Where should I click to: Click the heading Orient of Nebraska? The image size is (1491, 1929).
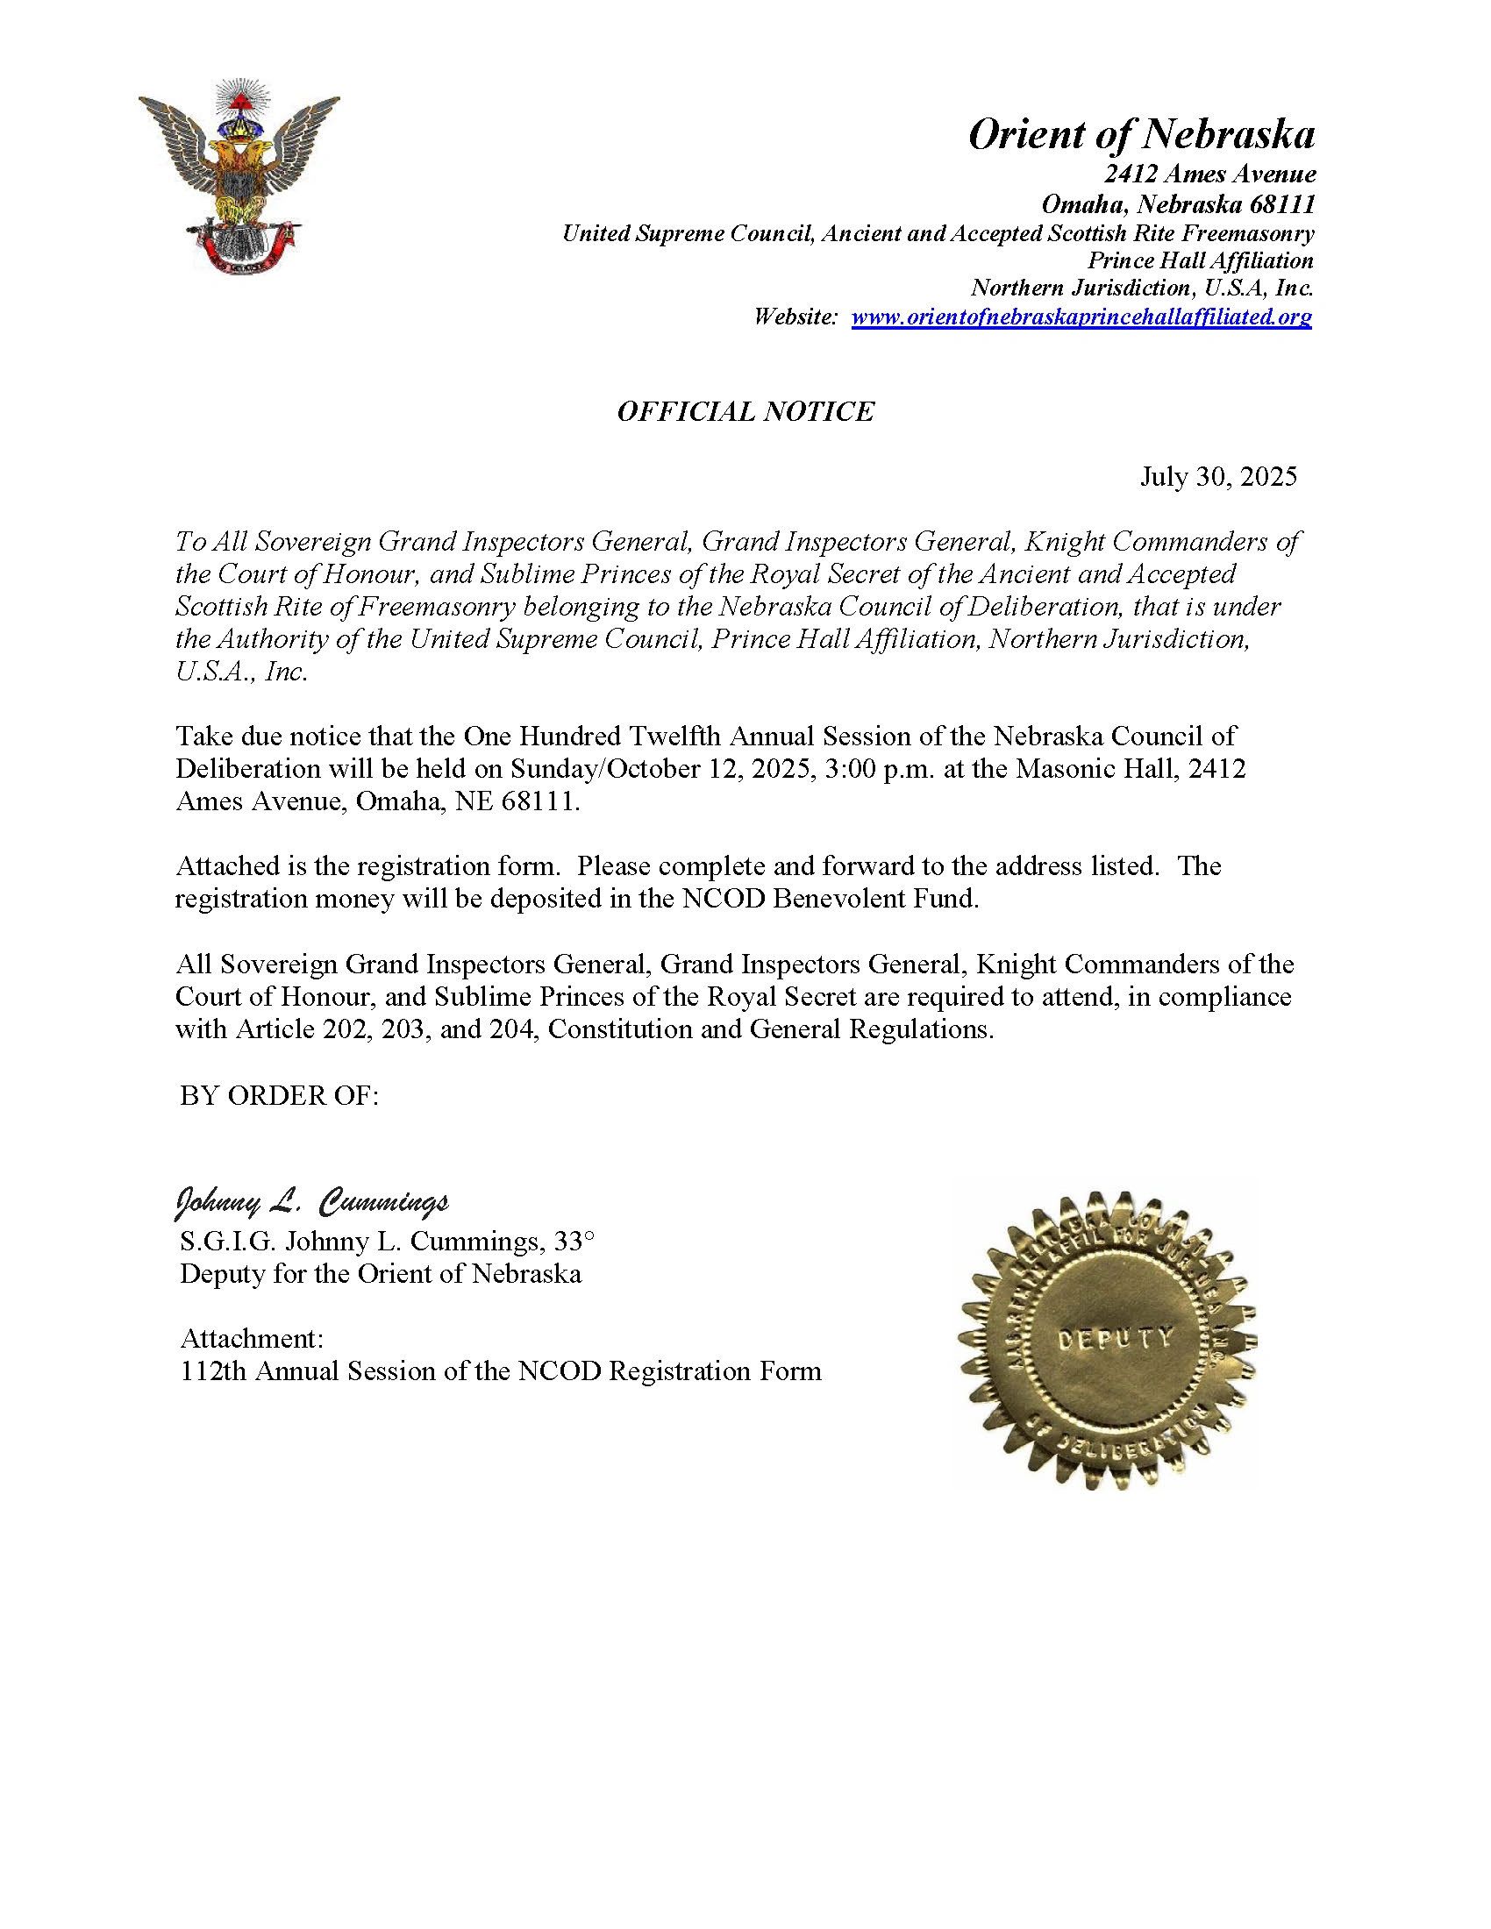(x=1141, y=135)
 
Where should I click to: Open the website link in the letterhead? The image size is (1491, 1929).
(x=1081, y=317)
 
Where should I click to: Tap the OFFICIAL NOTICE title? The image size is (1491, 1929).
(x=745, y=411)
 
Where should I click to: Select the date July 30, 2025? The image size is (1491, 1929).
(x=1218, y=477)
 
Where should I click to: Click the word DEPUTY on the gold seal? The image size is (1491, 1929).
(x=1114, y=1338)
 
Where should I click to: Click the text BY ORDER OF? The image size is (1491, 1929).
(x=279, y=1095)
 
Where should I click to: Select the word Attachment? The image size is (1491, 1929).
(x=252, y=1339)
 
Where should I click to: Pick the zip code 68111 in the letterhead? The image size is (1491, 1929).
(x=1281, y=205)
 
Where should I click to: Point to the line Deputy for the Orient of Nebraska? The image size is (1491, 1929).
(x=381, y=1275)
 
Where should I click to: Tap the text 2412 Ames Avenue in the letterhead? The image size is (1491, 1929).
(x=1209, y=174)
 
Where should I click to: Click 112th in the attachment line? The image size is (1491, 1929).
(x=210, y=1371)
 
